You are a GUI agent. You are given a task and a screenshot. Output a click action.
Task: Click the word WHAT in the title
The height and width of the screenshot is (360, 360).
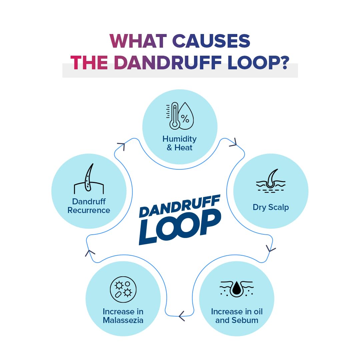pyautogui.click(x=138, y=41)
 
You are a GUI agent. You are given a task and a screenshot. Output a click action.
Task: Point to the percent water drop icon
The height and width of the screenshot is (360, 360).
pyautogui.click(x=185, y=116)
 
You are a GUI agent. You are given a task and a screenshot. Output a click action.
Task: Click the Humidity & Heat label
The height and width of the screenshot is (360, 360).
pyautogui.click(x=180, y=143)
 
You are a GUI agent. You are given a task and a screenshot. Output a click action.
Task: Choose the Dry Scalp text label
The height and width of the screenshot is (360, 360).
pyautogui.click(x=271, y=207)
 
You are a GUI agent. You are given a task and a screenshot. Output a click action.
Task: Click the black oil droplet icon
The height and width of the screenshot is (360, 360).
pyautogui.click(x=237, y=287)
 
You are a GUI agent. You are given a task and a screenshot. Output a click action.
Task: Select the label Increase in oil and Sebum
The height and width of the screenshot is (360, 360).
pyautogui.click(x=237, y=316)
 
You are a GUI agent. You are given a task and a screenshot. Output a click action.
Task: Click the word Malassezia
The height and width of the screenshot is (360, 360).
pyautogui.click(x=123, y=320)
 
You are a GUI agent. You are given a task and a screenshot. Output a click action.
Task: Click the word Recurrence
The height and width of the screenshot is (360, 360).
pyautogui.click(x=89, y=210)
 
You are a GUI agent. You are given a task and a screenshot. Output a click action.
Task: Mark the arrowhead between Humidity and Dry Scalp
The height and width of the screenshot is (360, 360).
pyautogui.click(x=233, y=143)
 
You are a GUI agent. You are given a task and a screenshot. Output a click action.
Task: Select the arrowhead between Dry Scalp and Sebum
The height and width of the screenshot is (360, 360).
pyautogui.click(x=271, y=248)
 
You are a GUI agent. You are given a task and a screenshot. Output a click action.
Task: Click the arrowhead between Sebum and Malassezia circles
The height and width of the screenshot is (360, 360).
pyautogui.click(x=182, y=315)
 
